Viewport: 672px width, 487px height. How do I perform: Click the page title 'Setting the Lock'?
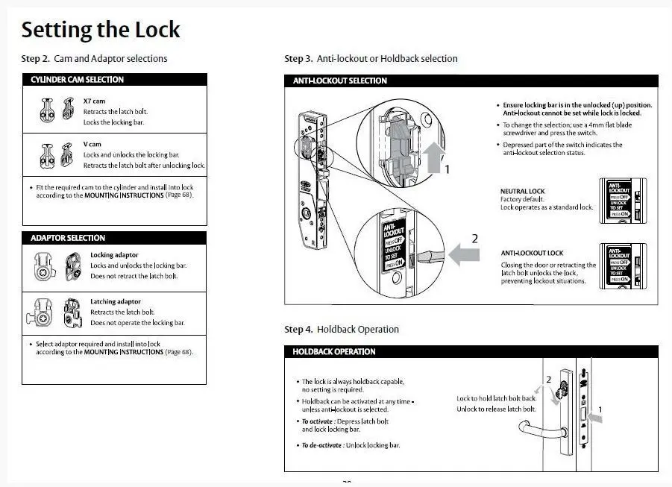(x=101, y=31)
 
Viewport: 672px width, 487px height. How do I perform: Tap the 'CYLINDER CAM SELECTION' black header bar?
(x=114, y=80)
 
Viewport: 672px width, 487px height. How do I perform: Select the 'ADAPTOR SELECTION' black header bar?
(x=114, y=238)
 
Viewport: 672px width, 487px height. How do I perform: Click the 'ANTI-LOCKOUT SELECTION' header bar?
(x=471, y=81)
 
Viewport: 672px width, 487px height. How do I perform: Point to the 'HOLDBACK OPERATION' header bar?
(x=471, y=351)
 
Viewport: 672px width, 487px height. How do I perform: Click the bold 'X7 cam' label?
(x=94, y=101)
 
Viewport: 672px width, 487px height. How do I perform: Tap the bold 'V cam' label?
(x=92, y=144)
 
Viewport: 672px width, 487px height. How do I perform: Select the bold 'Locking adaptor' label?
(x=114, y=255)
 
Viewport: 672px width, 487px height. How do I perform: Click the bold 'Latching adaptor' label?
(x=115, y=302)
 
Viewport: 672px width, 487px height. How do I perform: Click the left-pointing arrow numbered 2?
(x=463, y=255)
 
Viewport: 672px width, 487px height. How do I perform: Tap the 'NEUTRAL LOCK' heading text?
(x=522, y=191)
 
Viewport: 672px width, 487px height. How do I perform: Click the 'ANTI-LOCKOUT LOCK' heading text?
(x=532, y=254)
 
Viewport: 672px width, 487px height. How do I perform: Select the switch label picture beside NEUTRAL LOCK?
(x=622, y=198)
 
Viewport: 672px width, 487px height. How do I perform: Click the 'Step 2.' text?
(x=36, y=58)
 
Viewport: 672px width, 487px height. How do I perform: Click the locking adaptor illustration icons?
(x=58, y=266)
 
